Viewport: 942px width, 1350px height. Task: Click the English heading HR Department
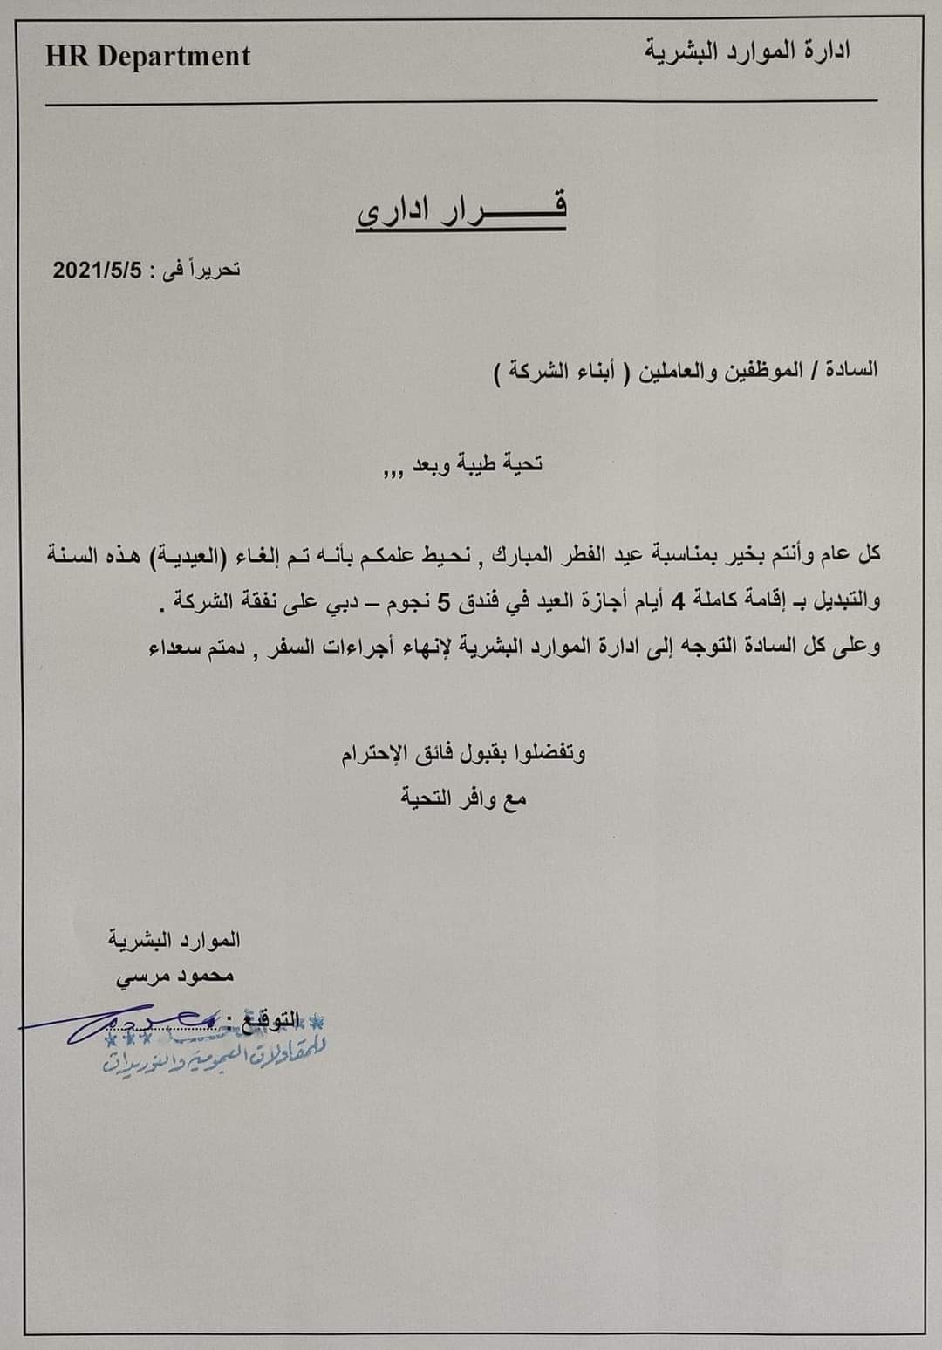click(147, 57)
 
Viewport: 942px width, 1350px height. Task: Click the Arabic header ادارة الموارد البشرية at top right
click(747, 51)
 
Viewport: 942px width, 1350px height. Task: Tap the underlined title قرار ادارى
click(461, 210)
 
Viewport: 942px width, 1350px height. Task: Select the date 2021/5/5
click(97, 270)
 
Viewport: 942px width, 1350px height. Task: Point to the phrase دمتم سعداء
click(194, 647)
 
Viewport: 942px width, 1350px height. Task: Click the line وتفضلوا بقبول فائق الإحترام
click(463, 752)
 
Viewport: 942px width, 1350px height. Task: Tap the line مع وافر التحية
click(463, 798)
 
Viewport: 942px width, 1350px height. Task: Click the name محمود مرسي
click(175, 977)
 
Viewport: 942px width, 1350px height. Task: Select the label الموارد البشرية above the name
click(174, 940)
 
